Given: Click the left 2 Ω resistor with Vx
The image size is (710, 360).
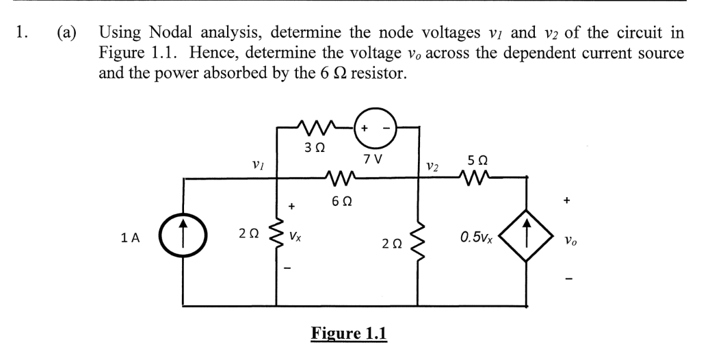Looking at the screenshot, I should click(x=276, y=239).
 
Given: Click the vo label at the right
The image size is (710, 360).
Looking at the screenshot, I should click(x=567, y=241).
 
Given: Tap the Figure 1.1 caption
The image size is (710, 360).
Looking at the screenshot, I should click(x=349, y=333).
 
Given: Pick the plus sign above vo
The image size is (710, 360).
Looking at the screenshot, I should click(x=566, y=201).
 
